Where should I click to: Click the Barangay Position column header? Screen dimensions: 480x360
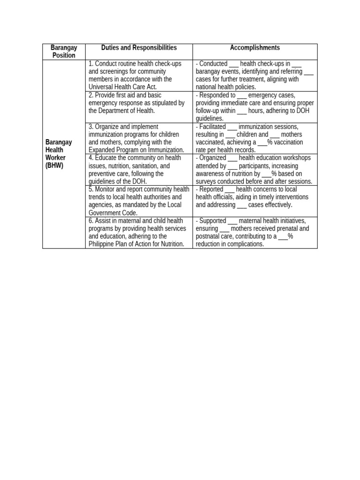click(64, 52)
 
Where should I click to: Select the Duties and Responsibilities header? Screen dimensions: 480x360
click(139, 48)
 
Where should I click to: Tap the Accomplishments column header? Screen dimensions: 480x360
click(255, 48)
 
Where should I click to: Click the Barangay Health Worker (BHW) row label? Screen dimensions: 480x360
click(59, 154)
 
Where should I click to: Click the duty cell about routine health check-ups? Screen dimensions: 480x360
click(139, 75)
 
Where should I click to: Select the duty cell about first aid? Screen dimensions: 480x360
click(139, 107)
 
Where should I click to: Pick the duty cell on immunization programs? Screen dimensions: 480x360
click(139, 138)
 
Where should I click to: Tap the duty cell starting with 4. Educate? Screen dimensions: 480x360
click(139, 170)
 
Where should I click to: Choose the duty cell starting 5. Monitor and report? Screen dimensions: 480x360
click(139, 201)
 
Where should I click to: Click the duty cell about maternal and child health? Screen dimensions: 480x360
click(139, 232)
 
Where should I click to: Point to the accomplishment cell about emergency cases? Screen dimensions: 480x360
click(255, 107)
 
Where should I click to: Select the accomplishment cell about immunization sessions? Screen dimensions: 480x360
click(255, 138)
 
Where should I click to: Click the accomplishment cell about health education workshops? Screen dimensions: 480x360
click(255, 170)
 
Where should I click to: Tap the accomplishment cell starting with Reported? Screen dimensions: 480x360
click(255, 197)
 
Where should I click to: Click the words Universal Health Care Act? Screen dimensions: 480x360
click(122, 87)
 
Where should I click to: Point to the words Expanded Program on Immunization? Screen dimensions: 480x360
click(136, 150)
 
